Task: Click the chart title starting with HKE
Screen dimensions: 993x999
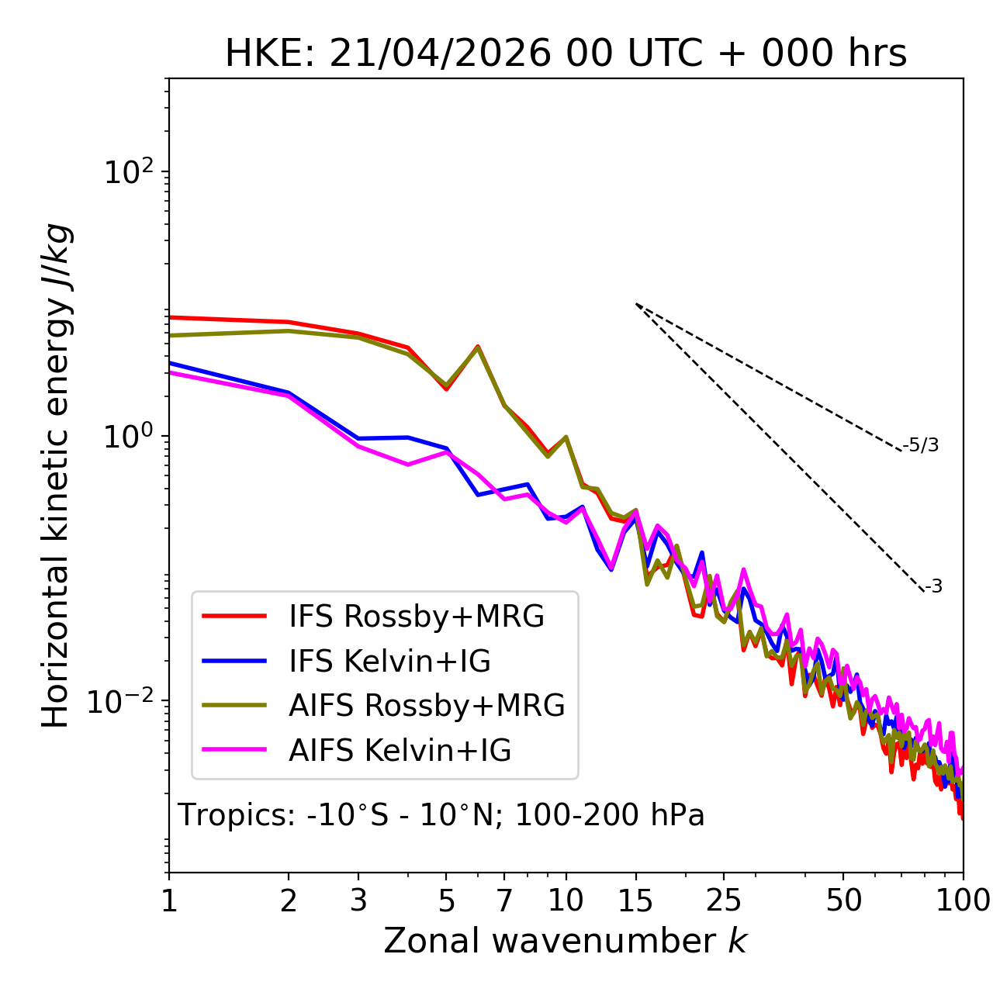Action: [566, 54]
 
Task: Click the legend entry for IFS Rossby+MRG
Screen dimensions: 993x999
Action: [417, 616]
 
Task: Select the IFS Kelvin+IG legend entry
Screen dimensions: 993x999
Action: [389, 661]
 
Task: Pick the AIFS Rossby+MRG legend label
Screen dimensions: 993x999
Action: [427, 705]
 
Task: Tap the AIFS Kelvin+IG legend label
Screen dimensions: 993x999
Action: [400, 750]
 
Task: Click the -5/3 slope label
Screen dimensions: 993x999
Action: [920, 445]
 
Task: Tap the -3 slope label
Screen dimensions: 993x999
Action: [933, 586]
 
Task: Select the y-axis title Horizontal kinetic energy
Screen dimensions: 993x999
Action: [56, 475]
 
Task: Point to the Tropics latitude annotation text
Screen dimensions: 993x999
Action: [441, 814]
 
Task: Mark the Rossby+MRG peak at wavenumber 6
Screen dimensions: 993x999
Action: [478, 346]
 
